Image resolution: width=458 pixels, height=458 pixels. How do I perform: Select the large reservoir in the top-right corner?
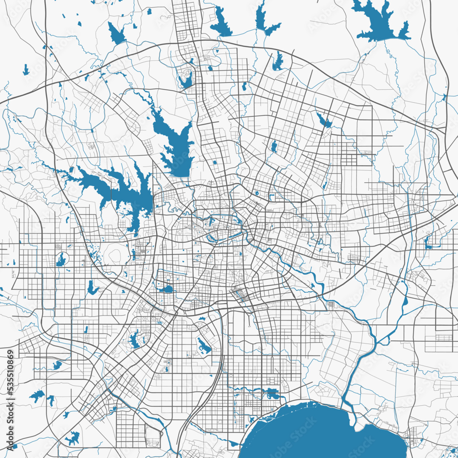point(378,21)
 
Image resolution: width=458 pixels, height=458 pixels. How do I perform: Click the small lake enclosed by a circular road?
point(61,260)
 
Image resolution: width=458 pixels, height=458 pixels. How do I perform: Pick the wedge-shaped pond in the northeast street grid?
point(324,121)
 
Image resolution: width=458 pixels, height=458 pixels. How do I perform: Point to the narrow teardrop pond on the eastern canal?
point(405,300)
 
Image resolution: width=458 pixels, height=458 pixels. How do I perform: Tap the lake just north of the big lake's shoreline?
point(272,393)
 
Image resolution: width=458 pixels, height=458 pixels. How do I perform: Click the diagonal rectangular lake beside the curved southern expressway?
point(204,346)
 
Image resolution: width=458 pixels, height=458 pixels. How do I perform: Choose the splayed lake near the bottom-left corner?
point(72,438)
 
